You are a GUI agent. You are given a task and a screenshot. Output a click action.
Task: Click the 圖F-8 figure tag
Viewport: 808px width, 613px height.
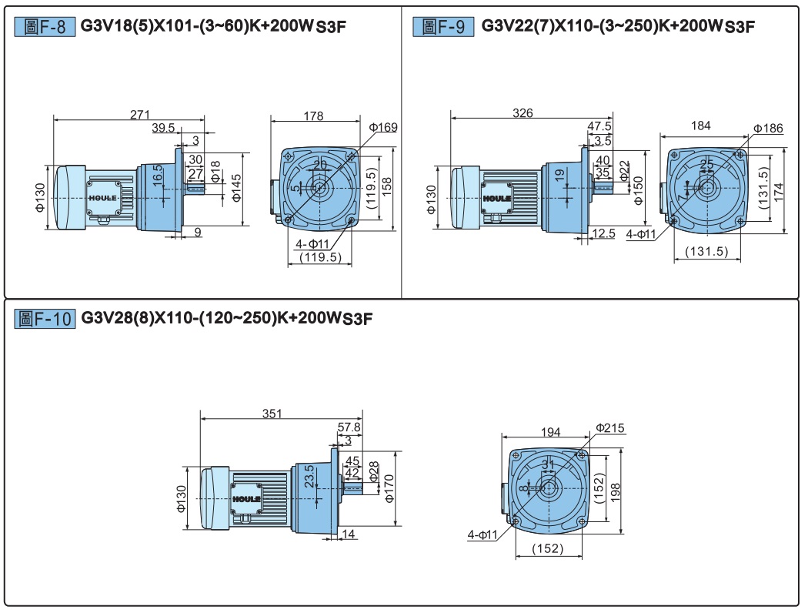tap(45, 26)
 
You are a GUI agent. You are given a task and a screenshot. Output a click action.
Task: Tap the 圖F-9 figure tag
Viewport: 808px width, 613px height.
tap(443, 26)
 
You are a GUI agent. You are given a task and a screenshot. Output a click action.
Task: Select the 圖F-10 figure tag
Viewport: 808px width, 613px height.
tap(45, 319)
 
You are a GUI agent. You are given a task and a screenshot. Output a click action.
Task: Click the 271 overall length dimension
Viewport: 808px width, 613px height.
tap(139, 114)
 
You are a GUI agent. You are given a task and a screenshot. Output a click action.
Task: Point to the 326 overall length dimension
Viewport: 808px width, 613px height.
tap(523, 113)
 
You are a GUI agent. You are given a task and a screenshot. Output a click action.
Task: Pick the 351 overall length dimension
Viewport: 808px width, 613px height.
tap(272, 414)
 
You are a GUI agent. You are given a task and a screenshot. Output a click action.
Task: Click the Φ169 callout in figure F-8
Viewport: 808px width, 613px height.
tap(383, 127)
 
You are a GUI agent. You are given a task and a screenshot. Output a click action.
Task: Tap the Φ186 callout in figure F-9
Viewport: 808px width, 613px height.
tap(768, 128)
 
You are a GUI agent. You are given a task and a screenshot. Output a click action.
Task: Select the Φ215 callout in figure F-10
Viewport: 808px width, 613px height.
tap(610, 427)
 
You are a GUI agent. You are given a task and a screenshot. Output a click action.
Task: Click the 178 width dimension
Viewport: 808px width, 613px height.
tap(313, 116)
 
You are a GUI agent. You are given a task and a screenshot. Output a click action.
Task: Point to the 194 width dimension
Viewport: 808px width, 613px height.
tap(551, 431)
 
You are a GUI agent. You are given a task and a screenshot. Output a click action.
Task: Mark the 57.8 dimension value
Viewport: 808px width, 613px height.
tap(349, 427)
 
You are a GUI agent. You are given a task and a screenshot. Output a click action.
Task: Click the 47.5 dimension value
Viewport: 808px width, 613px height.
tap(599, 126)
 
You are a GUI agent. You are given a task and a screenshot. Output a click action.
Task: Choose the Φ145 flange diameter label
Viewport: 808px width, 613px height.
tap(236, 188)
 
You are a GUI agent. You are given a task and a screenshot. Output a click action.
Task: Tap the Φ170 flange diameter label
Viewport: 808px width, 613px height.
tap(389, 488)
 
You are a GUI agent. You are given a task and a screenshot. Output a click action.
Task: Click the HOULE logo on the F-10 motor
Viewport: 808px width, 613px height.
tap(246, 499)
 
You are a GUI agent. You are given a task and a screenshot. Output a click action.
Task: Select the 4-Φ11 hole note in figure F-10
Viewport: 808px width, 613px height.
tap(482, 534)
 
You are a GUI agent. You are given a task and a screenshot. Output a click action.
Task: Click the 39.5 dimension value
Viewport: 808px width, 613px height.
tap(163, 127)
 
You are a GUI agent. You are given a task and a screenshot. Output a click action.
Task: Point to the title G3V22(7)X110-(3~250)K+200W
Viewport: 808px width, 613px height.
tap(601, 25)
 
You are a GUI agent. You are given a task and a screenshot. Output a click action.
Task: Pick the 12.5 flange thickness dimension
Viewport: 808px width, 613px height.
tap(603, 233)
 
